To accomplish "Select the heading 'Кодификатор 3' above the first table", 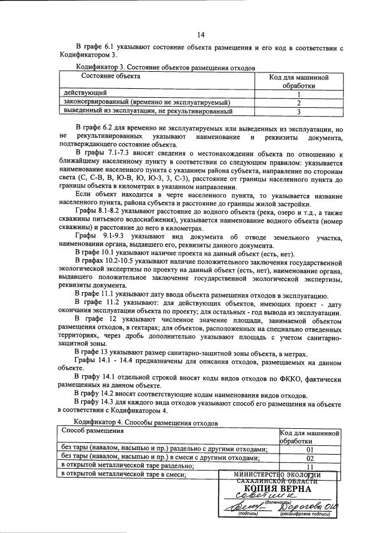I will coord(103,68).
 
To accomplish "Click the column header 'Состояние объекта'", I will coord(110,77).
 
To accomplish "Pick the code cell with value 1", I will coord(299,94).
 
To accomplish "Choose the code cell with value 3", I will coord(299,111).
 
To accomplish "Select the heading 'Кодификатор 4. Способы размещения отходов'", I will coord(146,422).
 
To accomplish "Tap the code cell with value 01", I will coord(310,451).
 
